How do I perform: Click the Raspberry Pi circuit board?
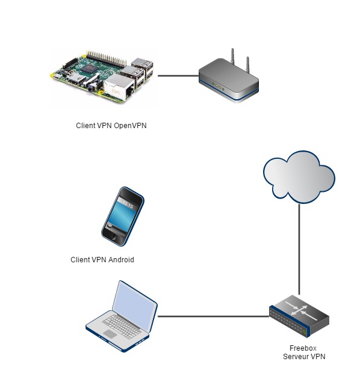point(102,78)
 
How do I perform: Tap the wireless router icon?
point(229,78)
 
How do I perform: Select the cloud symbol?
point(299,177)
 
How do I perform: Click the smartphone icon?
point(123,217)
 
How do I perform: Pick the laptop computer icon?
point(122,316)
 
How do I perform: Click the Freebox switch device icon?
point(299,316)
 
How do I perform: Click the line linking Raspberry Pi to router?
point(178,76)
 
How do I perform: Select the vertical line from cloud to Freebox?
point(299,249)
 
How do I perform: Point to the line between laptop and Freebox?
point(213,316)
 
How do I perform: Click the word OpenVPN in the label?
point(130,126)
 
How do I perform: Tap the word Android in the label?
point(121,259)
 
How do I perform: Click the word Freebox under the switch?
point(303,348)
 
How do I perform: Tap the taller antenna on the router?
point(232,57)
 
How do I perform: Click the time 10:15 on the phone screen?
point(128,205)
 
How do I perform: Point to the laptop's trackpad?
point(110,334)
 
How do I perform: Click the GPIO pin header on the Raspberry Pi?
point(107,58)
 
